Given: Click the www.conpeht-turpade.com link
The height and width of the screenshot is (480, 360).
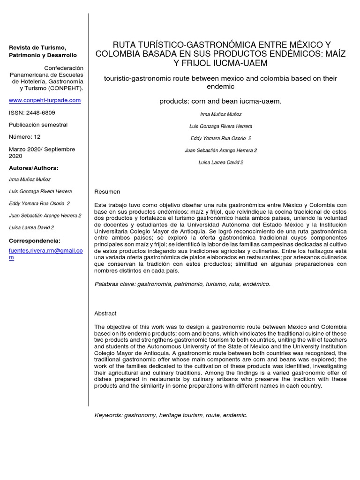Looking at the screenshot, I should (x=45, y=100).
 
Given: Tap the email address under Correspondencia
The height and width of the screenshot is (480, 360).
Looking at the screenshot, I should (x=46, y=254).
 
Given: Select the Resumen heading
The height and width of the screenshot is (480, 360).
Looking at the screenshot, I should (x=107, y=192).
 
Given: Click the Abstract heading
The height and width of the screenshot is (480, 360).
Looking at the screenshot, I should (x=105, y=313).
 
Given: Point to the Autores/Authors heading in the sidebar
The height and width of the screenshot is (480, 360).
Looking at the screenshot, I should (x=34, y=168).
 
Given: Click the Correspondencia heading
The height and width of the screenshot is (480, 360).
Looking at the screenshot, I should (x=35, y=240).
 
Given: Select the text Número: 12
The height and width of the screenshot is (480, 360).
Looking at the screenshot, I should (x=25, y=137).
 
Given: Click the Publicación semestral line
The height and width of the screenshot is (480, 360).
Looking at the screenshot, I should (x=38, y=125).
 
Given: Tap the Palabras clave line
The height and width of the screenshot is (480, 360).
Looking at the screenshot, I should (x=182, y=284).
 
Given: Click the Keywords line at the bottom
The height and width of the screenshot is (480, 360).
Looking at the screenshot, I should (x=171, y=415).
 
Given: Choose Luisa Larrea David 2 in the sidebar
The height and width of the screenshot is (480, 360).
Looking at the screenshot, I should (x=31, y=228).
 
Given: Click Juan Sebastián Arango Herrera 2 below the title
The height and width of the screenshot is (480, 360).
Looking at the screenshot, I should (x=221, y=150).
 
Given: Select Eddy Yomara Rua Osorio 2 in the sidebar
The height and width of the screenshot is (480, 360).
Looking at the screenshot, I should (x=39, y=203).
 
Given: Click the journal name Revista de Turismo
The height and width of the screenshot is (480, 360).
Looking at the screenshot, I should (x=38, y=48).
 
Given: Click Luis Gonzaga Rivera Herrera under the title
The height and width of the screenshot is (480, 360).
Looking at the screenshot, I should (x=220, y=126).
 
